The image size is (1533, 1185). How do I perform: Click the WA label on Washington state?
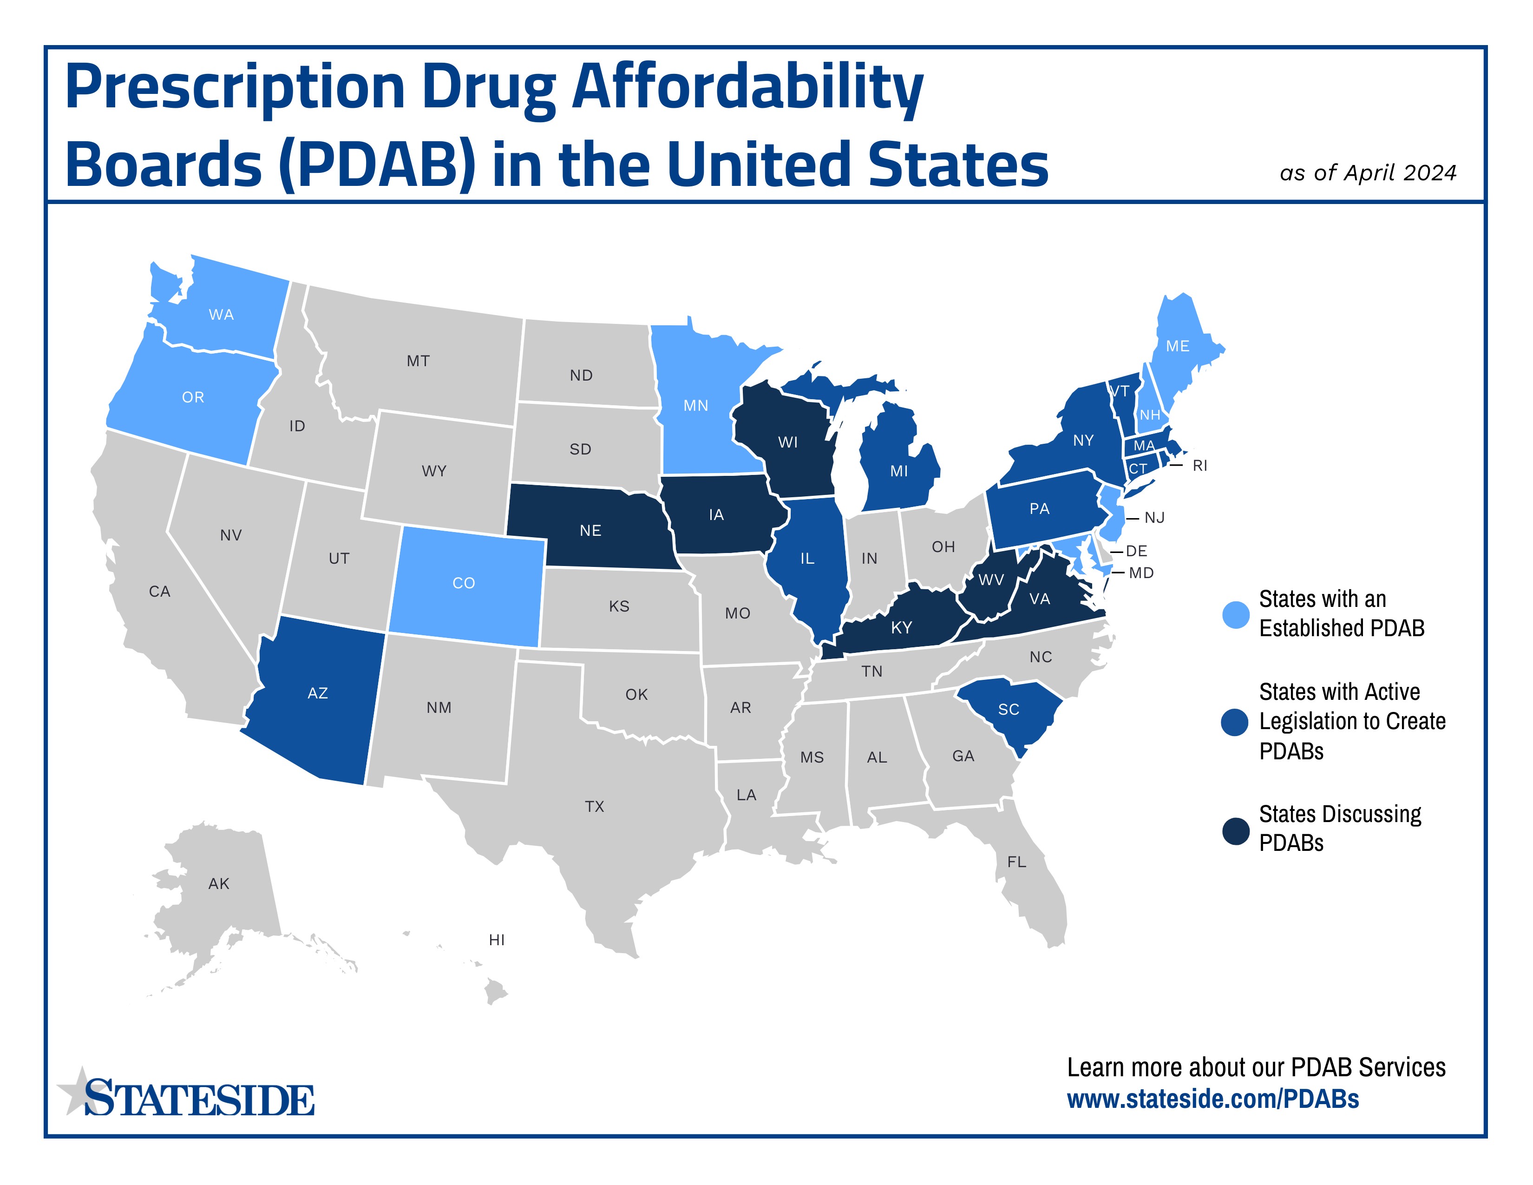click(x=221, y=315)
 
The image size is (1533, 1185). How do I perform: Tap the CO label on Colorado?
click(x=463, y=583)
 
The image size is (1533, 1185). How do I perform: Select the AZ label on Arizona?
click(x=317, y=693)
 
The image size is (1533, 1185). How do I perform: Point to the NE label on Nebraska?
click(x=590, y=531)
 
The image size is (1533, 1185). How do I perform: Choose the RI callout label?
click(x=1199, y=466)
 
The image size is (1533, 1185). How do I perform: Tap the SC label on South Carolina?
click(x=1008, y=709)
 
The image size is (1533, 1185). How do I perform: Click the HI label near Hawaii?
click(x=496, y=939)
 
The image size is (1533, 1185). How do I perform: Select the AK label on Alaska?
click(x=218, y=883)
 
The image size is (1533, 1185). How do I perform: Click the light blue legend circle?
click(x=1235, y=614)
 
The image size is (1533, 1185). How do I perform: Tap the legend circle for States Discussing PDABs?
click(x=1235, y=831)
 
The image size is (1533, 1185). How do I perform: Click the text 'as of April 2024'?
click(x=1367, y=173)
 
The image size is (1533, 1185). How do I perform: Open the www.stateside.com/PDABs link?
click(x=1212, y=1099)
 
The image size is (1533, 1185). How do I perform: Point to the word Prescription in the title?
click(x=235, y=88)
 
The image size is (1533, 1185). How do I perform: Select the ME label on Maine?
click(x=1177, y=346)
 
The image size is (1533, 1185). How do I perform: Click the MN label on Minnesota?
click(x=695, y=406)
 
